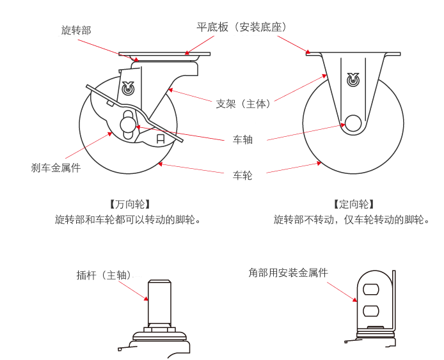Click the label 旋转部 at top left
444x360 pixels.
[x=75, y=30]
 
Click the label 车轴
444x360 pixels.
[x=242, y=139]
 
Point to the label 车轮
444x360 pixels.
[x=242, y=175]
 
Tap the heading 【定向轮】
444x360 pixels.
[x=353, y=205]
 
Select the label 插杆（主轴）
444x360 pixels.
[x=106, y=275]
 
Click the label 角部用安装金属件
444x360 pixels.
[x=288, y=272]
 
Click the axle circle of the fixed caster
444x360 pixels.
[x=353, y=123]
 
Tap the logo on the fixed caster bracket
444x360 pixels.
[x=353, y=80]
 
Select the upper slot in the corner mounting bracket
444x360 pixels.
[x=370, y=289]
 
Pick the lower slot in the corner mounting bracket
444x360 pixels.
[x=370, y=311]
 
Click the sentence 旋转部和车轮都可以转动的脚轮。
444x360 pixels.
[x=129, y=220]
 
